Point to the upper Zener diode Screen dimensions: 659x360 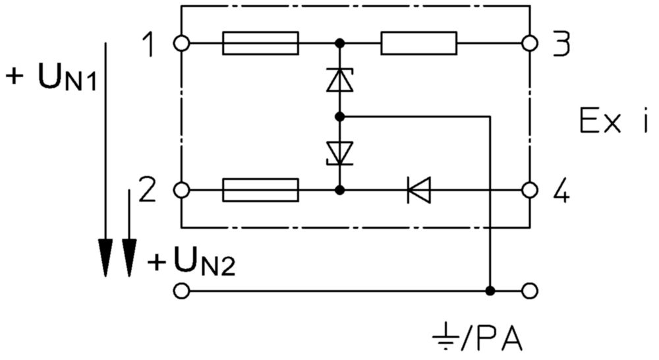tap(339, 80)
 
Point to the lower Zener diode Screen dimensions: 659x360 tap(339, 153)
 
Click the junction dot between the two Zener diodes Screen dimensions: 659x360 tap(340, 117)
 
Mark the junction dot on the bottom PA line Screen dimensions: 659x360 tap(490, 291)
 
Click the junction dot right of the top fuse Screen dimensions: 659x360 tap(340, 43)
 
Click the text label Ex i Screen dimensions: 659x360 tap(614, 121)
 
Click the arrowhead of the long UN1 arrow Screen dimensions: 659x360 tap(105, 258)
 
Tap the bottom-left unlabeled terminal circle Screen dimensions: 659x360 tap(182, 291)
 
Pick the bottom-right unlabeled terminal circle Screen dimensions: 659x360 tap(530, 291)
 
